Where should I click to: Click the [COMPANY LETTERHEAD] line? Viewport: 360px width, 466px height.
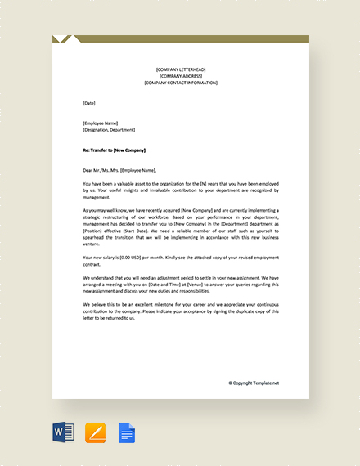(181, 69)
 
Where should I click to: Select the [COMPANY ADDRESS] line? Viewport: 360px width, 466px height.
(181, 76)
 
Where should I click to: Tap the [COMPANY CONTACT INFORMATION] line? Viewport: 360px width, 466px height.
(181, 83)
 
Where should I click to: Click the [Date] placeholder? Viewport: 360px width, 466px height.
(89, 103)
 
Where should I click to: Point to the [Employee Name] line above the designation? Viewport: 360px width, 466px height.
(101, 123)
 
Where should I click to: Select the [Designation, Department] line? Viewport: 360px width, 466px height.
(109, 130)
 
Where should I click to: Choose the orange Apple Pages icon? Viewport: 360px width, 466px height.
(96, 432)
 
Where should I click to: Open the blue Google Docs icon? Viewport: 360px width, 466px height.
(126, 432)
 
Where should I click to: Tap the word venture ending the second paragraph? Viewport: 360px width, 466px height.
(92, 243)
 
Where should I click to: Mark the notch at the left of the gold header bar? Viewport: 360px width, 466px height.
(65, 38)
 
